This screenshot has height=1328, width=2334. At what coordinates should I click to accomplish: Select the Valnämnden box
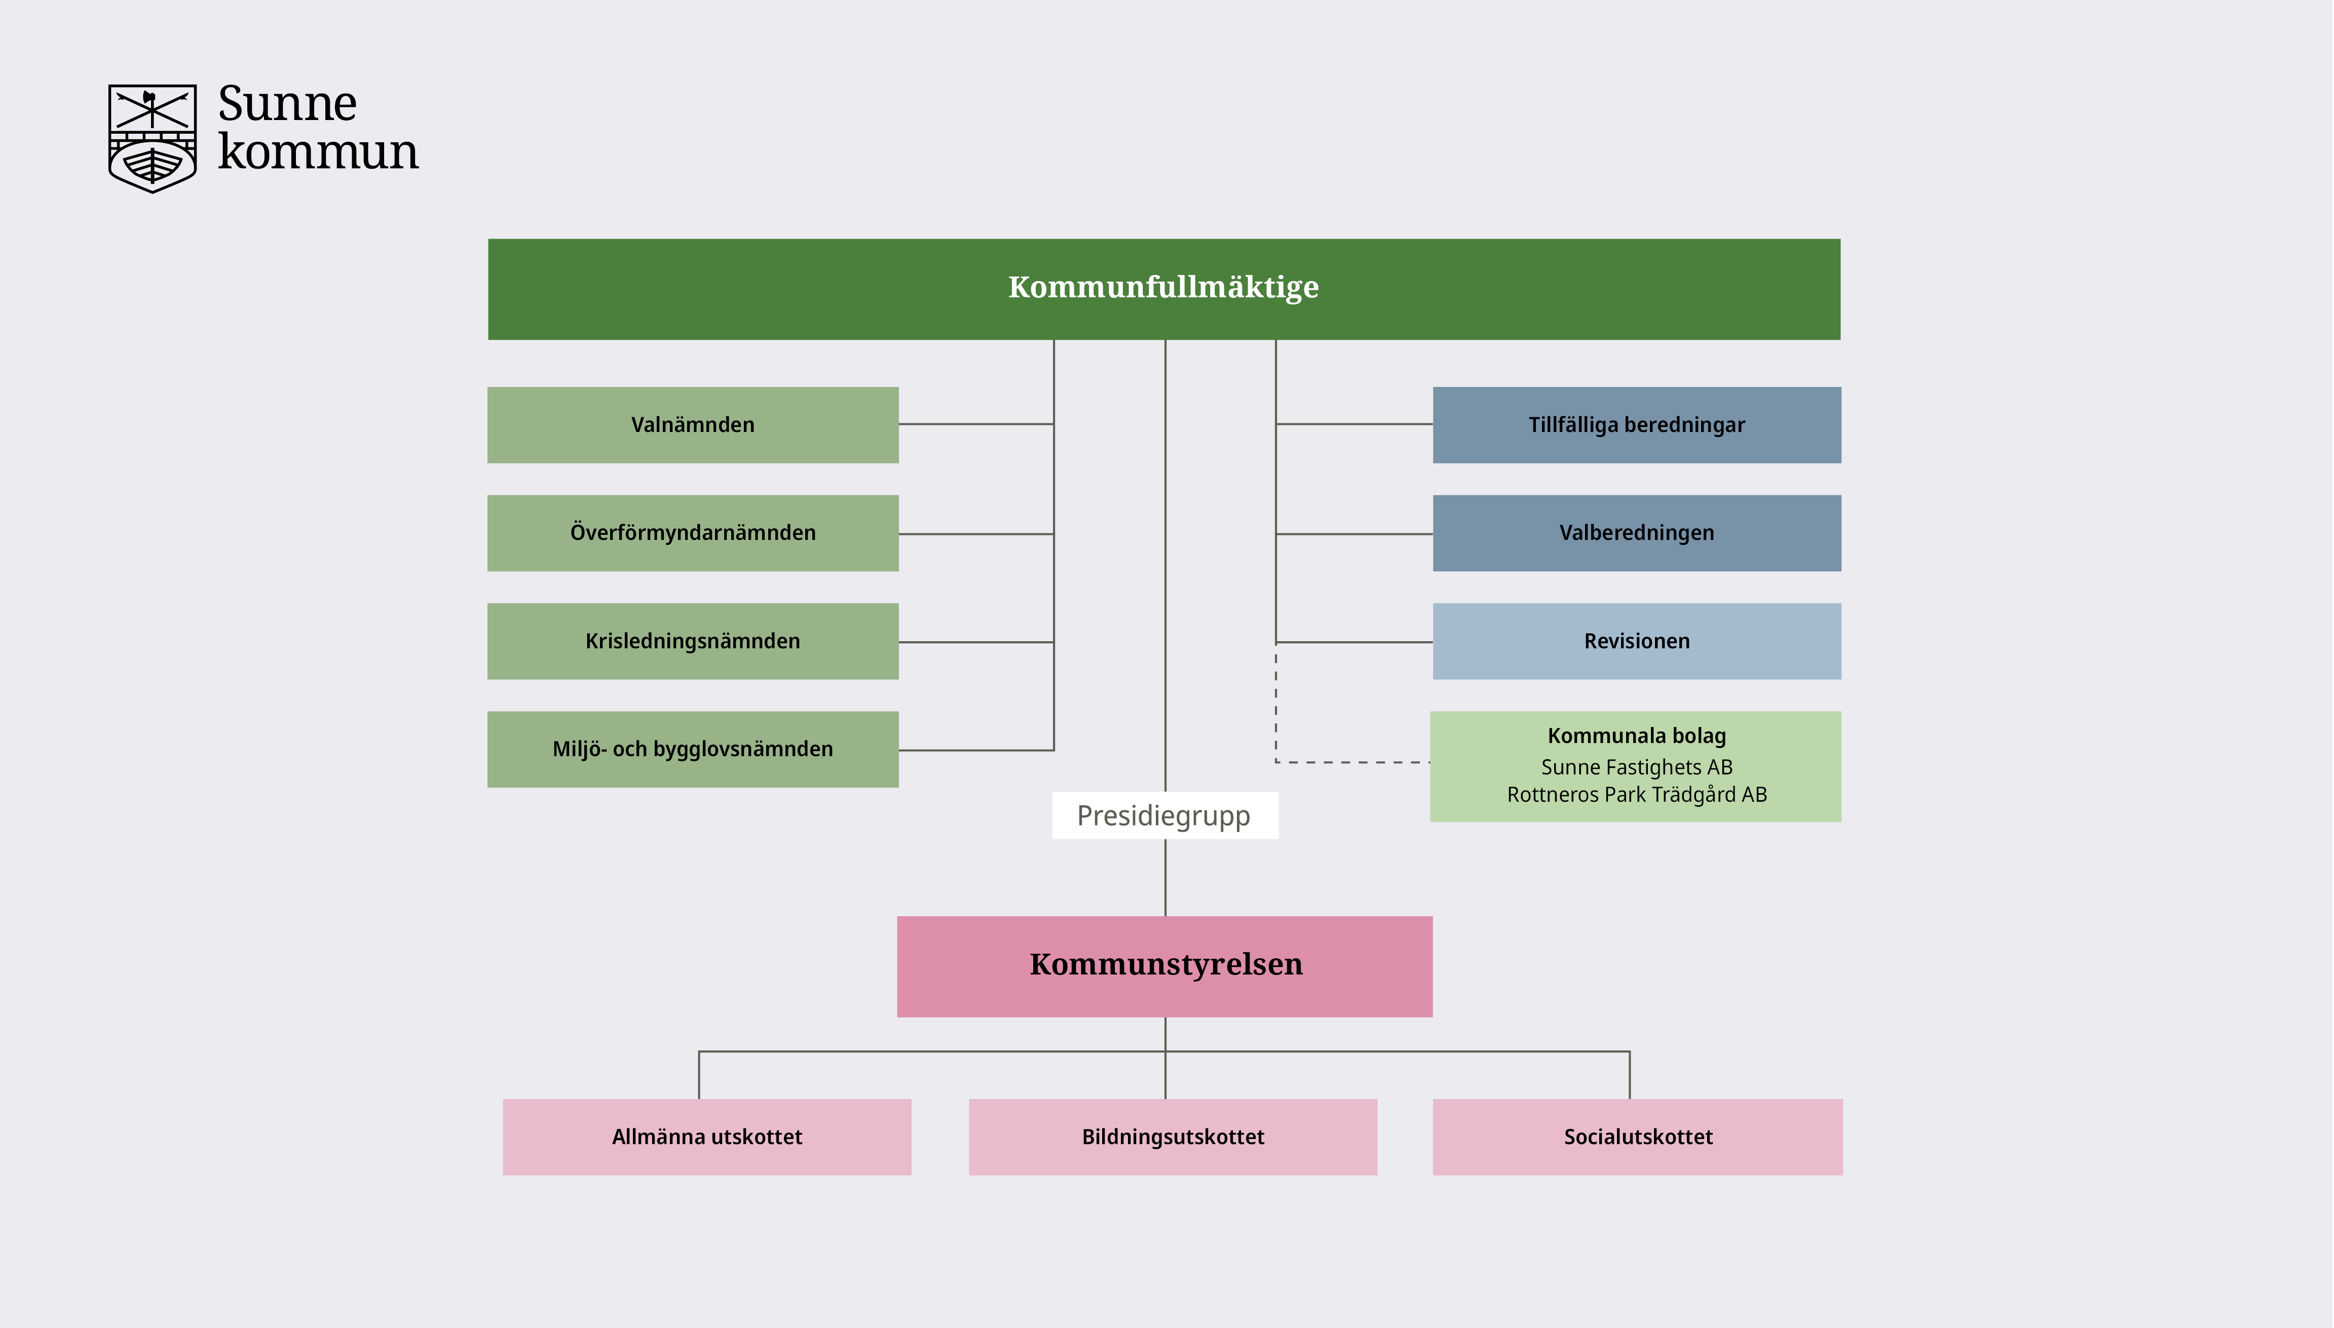point(693,425)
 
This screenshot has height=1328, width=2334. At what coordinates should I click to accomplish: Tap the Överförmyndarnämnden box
point(693,533)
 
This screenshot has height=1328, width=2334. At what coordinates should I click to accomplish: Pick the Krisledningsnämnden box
point(693,641)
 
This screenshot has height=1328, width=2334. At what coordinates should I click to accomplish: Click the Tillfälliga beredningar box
point(1636,425)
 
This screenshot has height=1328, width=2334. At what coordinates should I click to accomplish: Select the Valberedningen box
point(1636,533)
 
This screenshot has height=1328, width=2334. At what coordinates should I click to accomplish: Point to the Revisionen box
point(1636,641)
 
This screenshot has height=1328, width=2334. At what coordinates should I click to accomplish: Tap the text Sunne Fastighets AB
point(1636,767)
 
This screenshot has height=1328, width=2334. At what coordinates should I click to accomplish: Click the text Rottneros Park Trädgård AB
point(1636,795)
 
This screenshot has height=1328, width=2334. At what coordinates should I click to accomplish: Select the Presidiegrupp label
point(1164,815)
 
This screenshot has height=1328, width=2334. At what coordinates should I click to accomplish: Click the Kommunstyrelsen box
point(1164,966)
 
